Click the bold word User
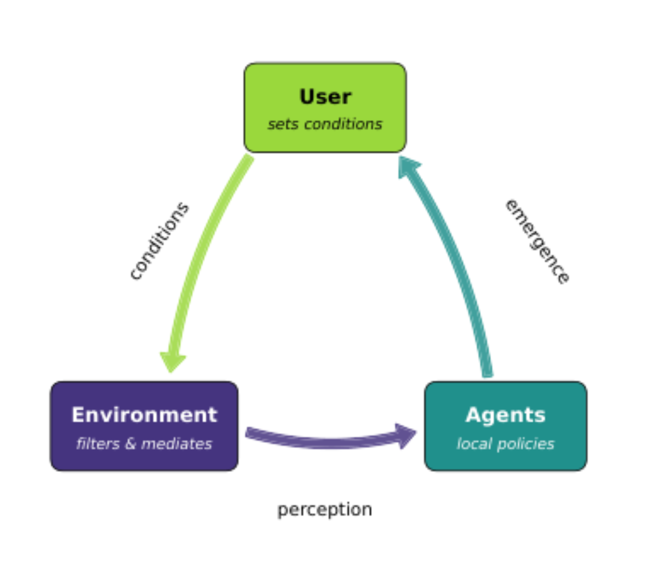[x=325, y=96]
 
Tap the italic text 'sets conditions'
[x=325, y=124]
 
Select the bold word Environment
[x=144, y=415]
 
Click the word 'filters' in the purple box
[x=98, y=444]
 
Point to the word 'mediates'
[x=177, y=444]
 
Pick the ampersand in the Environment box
[x=131, y=444]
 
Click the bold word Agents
[x=506, y=415]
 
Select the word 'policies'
[x=526, y=444]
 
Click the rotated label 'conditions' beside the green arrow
[x=159, y=241]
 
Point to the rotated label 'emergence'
[x=537, y=242]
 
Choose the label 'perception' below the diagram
[x=325, y=510]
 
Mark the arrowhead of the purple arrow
[x=405, y=436]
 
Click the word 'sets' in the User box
[x=283, y=125]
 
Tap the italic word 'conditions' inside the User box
[x=343, y=124]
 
